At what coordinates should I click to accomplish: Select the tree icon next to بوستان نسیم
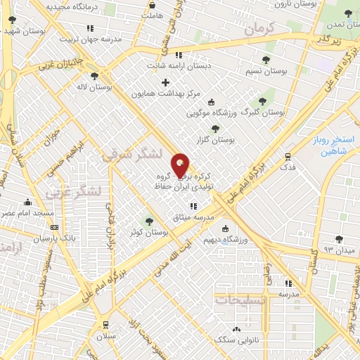click(x=265, y=60)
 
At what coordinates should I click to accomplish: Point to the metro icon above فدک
click(x=288, y=157)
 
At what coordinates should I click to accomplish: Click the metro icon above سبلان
click(x=105, y=324)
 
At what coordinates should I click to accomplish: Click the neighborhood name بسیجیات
click(x=241, y=300)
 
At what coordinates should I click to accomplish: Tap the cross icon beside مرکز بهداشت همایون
click(x=165, y=83)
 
